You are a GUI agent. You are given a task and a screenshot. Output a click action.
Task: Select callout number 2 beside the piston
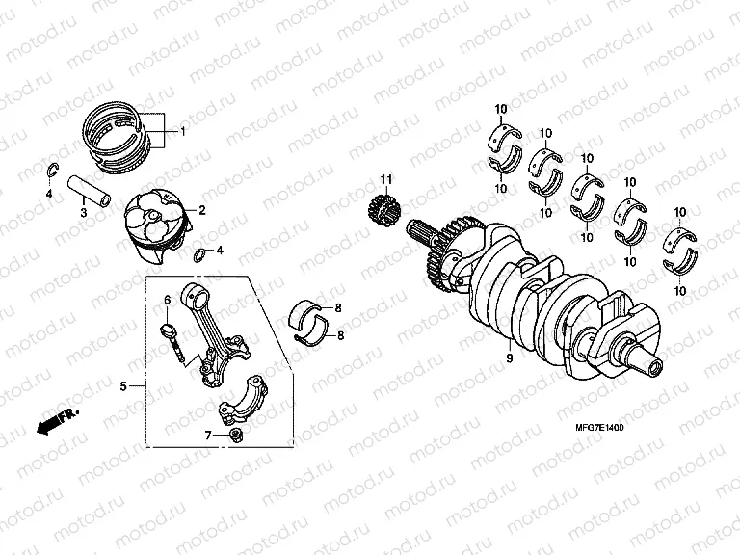pos(202,209)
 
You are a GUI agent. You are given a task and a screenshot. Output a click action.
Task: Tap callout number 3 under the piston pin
pos(83,213)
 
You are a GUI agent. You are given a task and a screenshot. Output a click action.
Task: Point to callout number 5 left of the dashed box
pos(123,387)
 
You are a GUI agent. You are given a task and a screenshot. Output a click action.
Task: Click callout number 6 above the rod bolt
pos(166,301)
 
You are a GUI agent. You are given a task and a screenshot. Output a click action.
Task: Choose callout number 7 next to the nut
pos(206,436)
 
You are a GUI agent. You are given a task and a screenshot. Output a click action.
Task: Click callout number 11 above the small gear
pos(385,180)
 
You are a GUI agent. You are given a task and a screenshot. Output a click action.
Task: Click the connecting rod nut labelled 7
pos(234,438)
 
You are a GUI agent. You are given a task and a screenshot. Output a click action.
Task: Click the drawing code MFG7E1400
pos(592,427)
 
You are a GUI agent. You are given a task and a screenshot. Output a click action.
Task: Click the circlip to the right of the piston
pos(199,254)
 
